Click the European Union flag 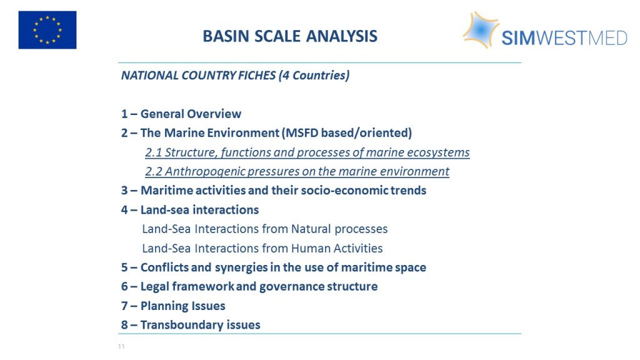click(x=47, y=30)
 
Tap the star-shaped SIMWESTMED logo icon click(x=481, y=30)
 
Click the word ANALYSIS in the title click(x=342, y=36)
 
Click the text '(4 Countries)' click(x=314, y=76)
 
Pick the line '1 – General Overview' click(x=181, y=114)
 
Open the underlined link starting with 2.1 click(x=307, y=152)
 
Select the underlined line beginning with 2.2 click(x=297, y=171)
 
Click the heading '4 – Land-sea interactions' click(x=190, y=210)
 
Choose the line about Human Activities click(x=262, y=248)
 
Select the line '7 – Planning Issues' click(x=173, y=306)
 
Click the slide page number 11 click(x=121, y=346)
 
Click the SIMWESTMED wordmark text click(x=564, y=38)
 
